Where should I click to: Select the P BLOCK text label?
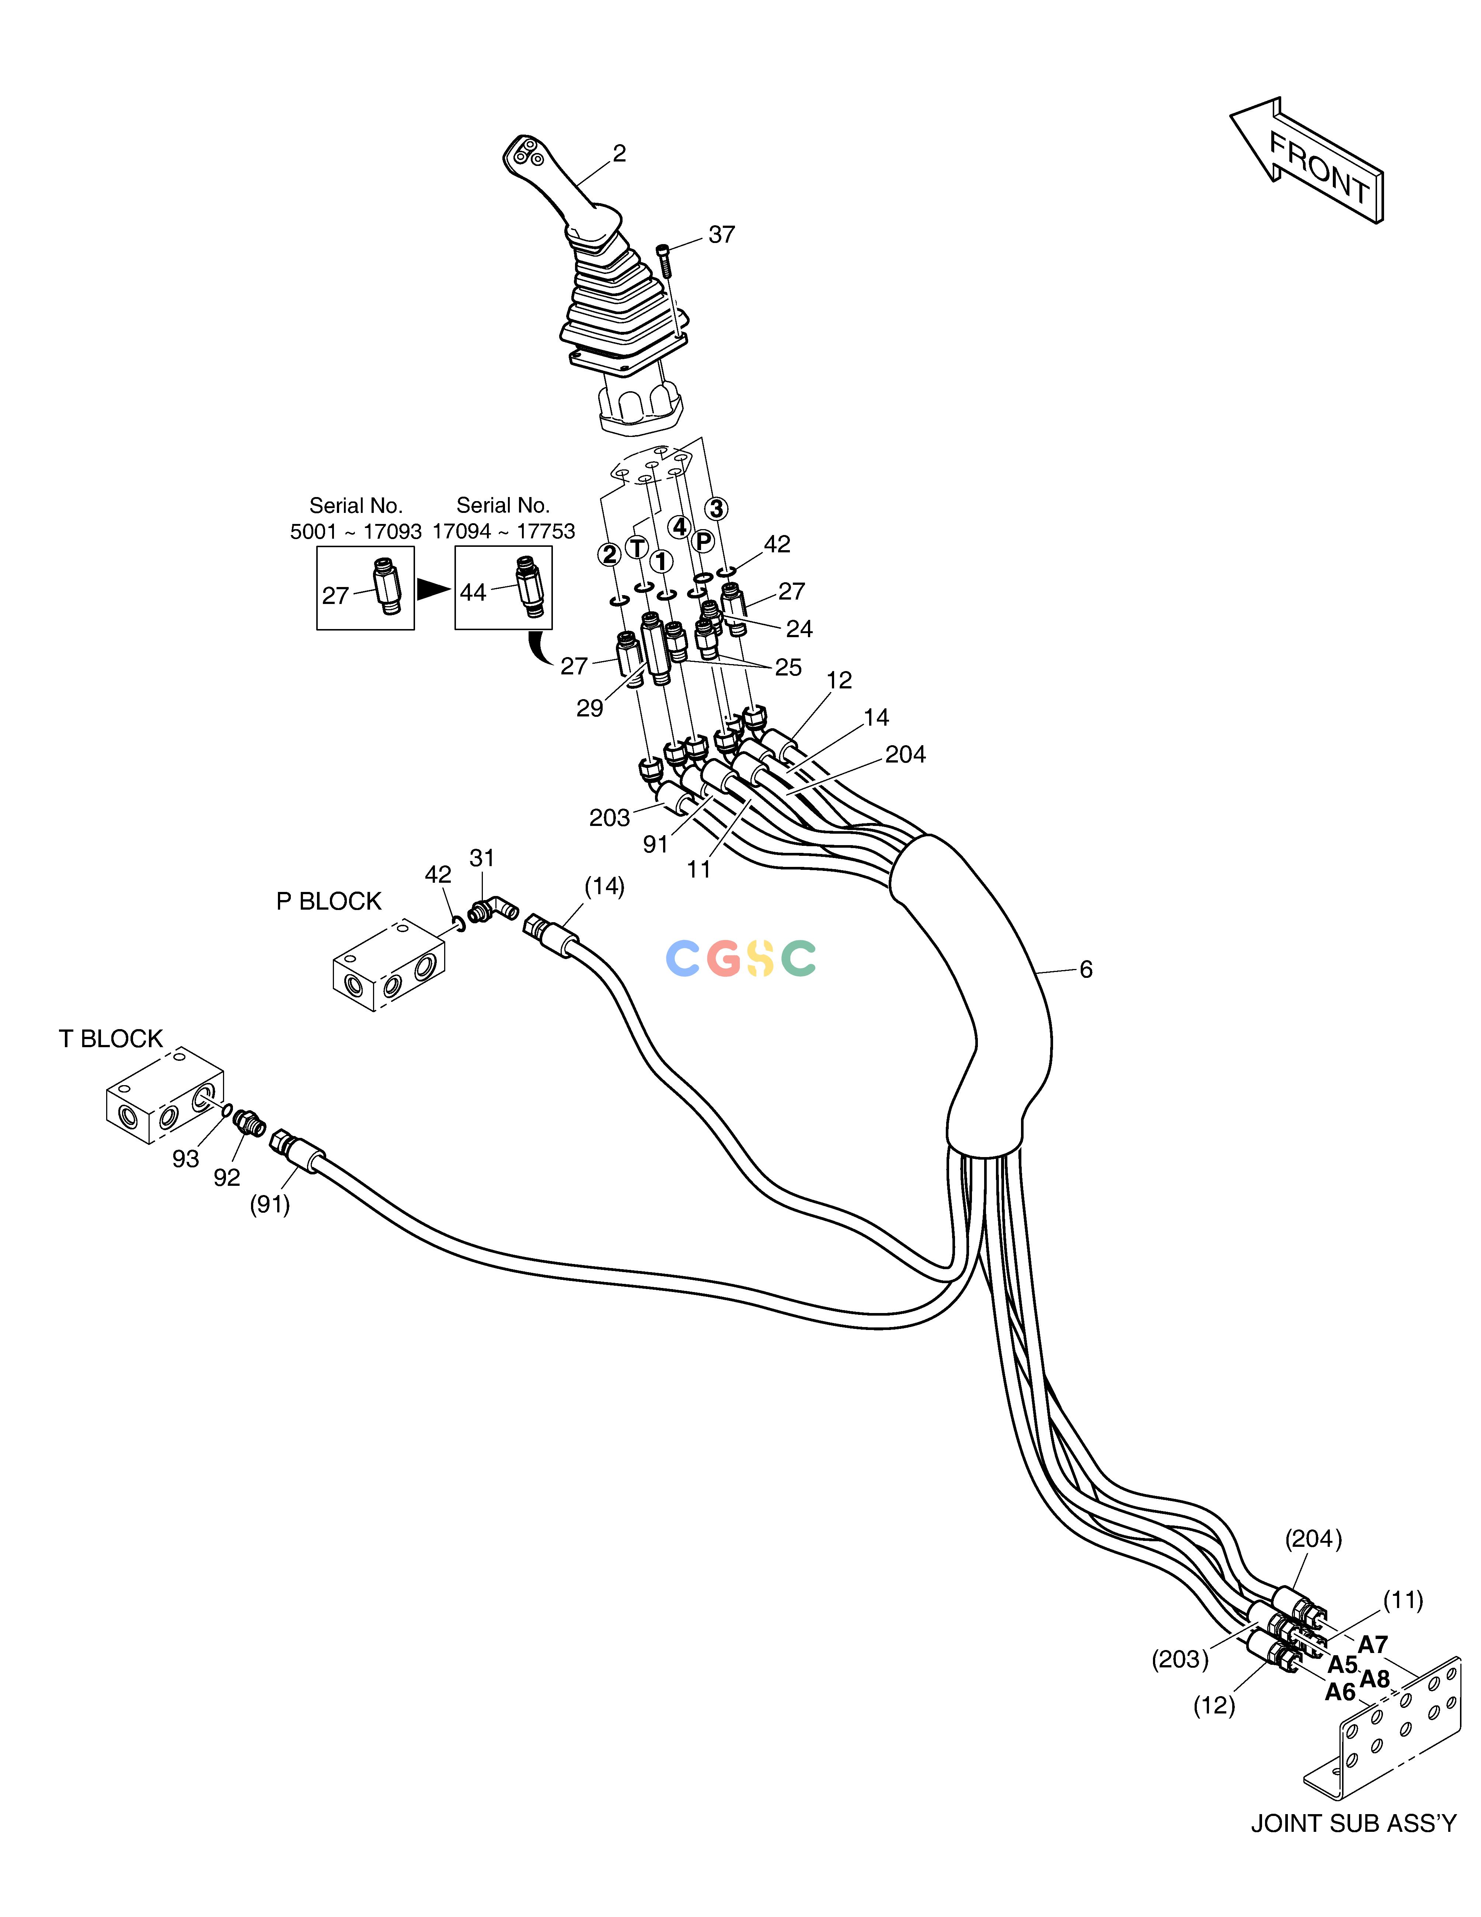(x=329, y=902)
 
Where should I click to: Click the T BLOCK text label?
(x=111, y=1039)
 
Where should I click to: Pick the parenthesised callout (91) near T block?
(x=269, y=1204)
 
